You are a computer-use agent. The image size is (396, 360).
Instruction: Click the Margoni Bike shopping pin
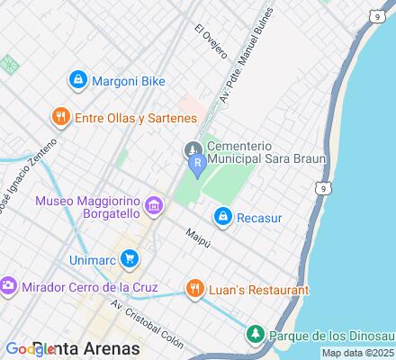pyautogui.click(x=78, y=80)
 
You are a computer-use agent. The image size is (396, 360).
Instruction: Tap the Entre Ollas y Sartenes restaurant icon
pyautogui.click(x=60, y=117)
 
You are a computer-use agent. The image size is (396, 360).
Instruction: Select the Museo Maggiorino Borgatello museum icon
pyautogui.click(x=155, y=209)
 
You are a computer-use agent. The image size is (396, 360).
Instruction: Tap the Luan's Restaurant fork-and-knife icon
pyautogui.click(x=193, y=290)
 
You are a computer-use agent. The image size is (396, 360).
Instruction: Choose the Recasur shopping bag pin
pyautogui.click(x=222, y=216)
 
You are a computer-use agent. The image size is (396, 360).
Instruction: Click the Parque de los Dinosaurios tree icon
pyautogui.click(x=256, y=336)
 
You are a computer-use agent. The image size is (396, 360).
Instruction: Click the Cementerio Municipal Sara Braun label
pyautogui.click(x=265, y=152)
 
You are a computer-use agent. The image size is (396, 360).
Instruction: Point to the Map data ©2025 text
pyautogui.click(x=358, y=354)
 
